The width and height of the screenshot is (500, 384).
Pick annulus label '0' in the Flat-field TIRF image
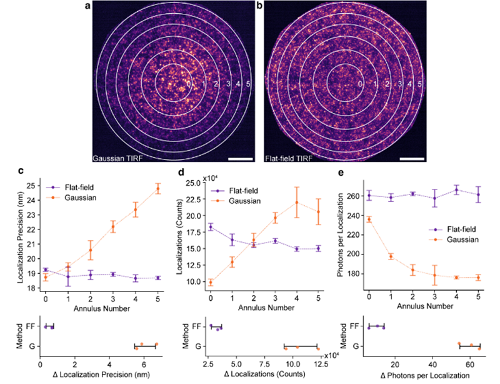(359, 83)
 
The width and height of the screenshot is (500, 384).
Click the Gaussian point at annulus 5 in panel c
(157, 188)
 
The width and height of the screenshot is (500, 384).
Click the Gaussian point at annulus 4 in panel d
(297, 202)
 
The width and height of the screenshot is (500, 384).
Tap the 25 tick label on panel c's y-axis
(31, 186)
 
